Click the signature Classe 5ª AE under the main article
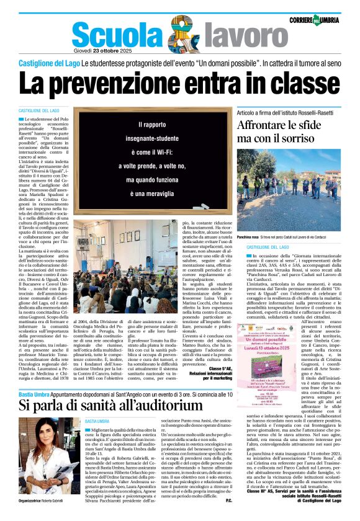click(212, 368)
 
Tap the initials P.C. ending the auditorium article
click(228, 501)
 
